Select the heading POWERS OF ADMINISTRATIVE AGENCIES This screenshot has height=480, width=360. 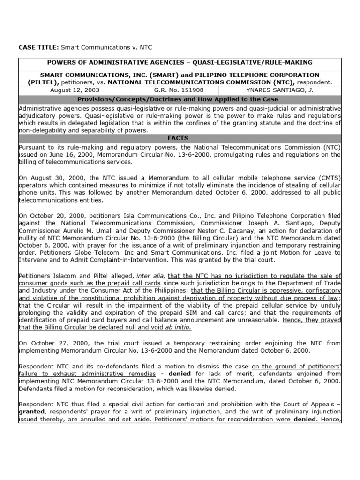tap(109, 63)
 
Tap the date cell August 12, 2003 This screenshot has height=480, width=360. tap(74, 90)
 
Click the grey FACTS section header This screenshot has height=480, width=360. tap(180, 139)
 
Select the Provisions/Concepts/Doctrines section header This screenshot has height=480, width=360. tap(180, 99)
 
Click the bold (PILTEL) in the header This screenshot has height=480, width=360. tap(33, 82)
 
